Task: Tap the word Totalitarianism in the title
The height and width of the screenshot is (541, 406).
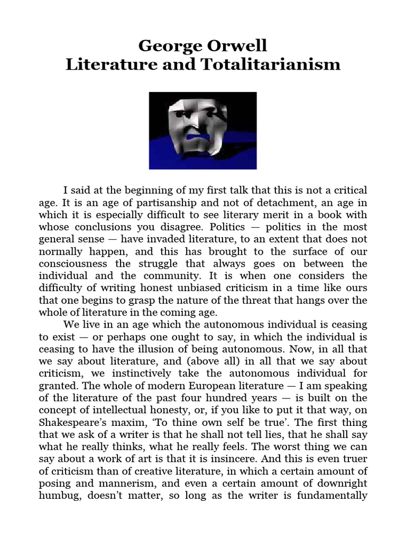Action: click(x=279, y=65)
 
